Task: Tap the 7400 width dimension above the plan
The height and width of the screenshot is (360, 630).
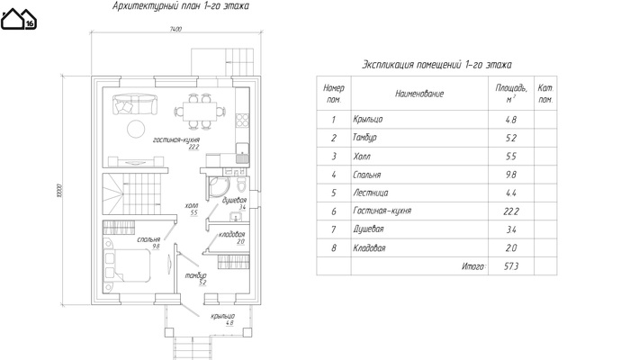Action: pyautogui.click(x=175, y=30)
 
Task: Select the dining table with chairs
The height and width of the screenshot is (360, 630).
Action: pyautogui.click(x=197, y=112)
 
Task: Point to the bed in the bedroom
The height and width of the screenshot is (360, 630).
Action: pyautogui.click(x=130, y=267)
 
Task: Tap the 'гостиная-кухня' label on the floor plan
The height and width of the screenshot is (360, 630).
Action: pyautogui.click(x=175, y=141)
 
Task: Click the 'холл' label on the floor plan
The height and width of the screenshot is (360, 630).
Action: pyautogui.click(x=191, y=206)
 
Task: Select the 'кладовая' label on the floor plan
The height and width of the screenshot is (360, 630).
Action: pyautogui.click(x=231, y=235)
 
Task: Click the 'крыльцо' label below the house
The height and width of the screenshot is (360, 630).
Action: pyautogui.click(x=223, y=316)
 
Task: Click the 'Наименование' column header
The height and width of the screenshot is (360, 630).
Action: pyautogui.click(x=418, y=94)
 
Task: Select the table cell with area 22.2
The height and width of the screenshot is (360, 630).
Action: pyautogui.click(x=512, y=211)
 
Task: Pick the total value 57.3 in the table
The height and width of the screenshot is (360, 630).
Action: pyautogui.click(x=512, y=266)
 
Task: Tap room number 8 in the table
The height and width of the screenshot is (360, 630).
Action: pyautogui.click(x=334, y=248)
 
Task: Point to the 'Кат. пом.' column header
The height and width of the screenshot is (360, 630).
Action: pyautogui.click(x=544, y=94)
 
